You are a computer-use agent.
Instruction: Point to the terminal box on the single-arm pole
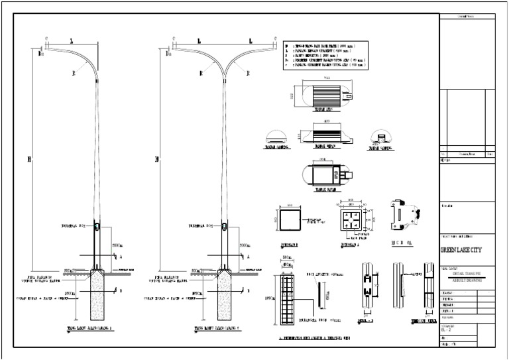click(x=97, y=227)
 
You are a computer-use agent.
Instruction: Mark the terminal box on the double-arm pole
click(x=224, y=227)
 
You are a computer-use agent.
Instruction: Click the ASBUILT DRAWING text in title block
click(x=467, y=280)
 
